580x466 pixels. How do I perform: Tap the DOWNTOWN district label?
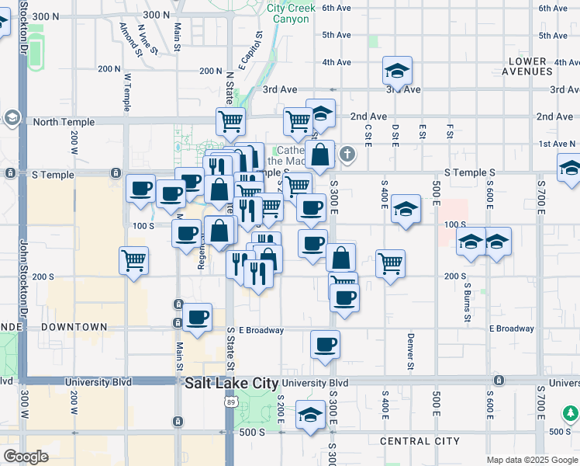point(74,327)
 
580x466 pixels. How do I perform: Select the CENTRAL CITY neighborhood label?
point(419,441)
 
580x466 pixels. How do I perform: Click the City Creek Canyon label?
point(291,13)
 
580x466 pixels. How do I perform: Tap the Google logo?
point(26,456)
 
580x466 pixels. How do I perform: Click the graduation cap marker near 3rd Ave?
point(397,72)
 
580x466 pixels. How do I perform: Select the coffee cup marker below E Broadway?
point(326,344)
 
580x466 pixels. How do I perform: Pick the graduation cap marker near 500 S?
point(311,416)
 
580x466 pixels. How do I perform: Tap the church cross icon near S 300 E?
point(347,155)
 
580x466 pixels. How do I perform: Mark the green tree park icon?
point(571,412)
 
